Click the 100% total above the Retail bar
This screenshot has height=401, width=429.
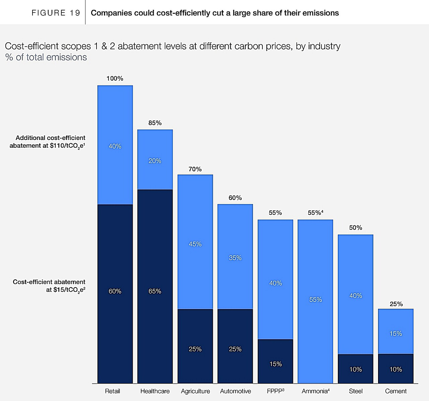[x=115, y=79]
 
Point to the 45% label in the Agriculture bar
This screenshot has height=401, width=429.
[x=195, y=244]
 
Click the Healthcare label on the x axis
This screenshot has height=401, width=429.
[x=155, y=391]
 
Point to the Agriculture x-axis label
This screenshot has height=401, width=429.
[x=195, y=391]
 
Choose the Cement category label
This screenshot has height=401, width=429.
[x=396, y=391]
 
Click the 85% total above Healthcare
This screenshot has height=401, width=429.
[x=155, y=123]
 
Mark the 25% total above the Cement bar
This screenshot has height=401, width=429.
[x=396, y=304]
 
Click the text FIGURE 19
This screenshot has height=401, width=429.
[x=56, y=13]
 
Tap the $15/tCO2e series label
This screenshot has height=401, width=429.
[x=49, y=286]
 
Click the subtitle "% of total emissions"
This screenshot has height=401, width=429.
[x=46, y=57]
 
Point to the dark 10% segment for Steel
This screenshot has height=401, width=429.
[x=356, y=369]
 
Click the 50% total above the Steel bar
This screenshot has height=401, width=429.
[x=356, y=228]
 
